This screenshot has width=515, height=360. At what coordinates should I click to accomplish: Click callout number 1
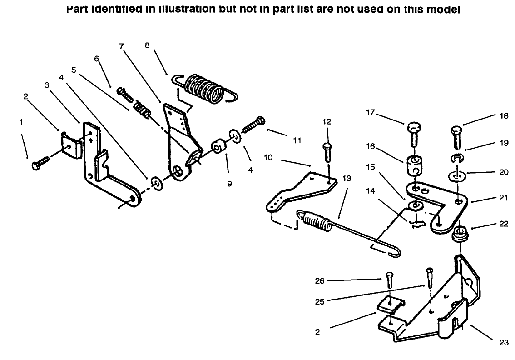(x=20, y=122)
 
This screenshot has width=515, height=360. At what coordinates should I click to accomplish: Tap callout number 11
(x=297, y=141)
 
